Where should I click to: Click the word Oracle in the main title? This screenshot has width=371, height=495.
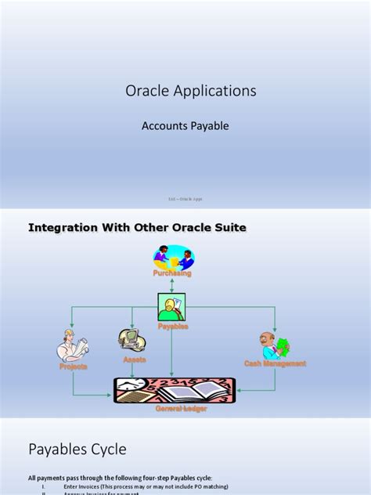tap(144, 92)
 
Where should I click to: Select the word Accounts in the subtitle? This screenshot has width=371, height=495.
tap(166, 125)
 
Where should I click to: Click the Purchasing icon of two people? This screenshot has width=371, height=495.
tap(173, 257)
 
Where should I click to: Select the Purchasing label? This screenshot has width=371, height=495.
tap(172, 274)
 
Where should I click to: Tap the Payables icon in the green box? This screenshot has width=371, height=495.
tap(172, 307)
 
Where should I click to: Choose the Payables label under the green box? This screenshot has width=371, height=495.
tap(172, 326)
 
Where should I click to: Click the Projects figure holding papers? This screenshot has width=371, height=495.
tap(73, 347)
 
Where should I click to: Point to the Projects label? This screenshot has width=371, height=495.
tap(73, 366)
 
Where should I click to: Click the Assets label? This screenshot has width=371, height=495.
tap(135, 360)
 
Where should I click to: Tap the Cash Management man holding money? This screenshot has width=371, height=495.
tap(275, 345)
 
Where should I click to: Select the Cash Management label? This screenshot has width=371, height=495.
tap(275, 363)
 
